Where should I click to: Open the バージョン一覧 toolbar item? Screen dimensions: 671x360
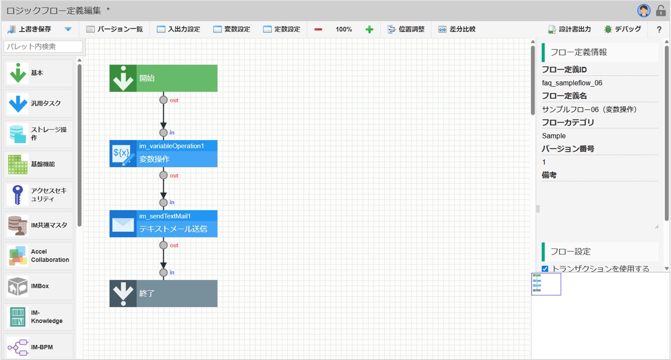pos(114,29)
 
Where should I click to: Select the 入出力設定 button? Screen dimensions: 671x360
pos(178,29)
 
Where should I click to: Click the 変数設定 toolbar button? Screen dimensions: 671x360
pos(232,29)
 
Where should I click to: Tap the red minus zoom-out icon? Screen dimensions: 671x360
pos(318,29)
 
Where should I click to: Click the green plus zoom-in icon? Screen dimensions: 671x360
pos(369,29)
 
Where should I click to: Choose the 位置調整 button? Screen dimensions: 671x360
pos(406,29)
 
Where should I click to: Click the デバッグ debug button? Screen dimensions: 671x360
pos(622,29)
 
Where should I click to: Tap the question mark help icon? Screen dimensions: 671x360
pos(659,29)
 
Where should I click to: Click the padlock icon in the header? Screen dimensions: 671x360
pos(661,11)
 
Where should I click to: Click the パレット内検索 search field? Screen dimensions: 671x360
pos(43,47)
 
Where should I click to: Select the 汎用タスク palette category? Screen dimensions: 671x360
pos(38,104)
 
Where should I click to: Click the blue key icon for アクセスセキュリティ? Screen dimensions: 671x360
pos(17,195)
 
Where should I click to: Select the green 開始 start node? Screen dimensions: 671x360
pos(163,78)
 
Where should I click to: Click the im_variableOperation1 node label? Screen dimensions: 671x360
pos(171,146)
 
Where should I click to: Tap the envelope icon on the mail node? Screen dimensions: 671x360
pos(123,224)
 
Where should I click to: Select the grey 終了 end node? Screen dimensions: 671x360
pos(163,293)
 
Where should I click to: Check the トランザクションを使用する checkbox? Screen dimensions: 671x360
pos(545,269)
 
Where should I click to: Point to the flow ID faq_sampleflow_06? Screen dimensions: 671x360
pos(572,83)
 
